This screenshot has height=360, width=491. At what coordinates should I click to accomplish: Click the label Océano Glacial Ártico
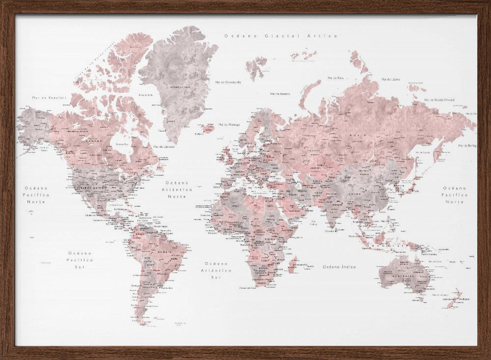[x=280, y=36]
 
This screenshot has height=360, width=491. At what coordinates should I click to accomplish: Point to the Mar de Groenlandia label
[x=228, y=83]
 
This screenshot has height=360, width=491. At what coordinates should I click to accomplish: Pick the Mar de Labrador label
[x=164, y=146]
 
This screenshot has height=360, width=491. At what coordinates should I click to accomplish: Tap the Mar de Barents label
[x=280, y=93]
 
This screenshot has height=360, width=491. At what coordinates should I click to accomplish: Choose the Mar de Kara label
[x=335, y=78]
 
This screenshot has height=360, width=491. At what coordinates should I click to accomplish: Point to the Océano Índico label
[x=339, y=267]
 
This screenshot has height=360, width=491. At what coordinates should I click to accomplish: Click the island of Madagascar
[x=293, y=265]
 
